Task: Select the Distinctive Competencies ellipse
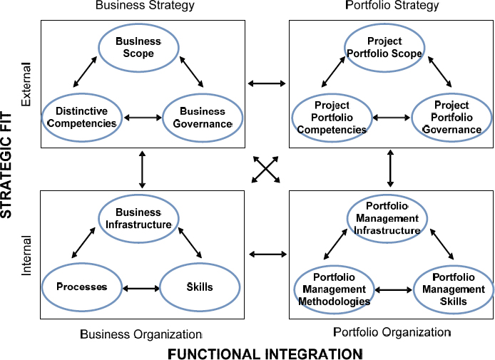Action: (81, 117)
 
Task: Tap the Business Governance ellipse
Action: (203, 117)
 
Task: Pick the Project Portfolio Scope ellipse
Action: (384, 48)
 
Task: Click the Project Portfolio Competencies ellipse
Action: (332, 118)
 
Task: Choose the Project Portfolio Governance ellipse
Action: (451, 118)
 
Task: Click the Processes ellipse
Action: (81, 287)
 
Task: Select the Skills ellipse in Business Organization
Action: (200, 287)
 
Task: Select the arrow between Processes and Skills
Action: (141, 289)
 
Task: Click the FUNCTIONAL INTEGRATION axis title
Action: (265, 353)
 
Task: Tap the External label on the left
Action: (27, 91)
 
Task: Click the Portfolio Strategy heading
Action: (391, 6)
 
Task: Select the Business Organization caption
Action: (141, 334)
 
